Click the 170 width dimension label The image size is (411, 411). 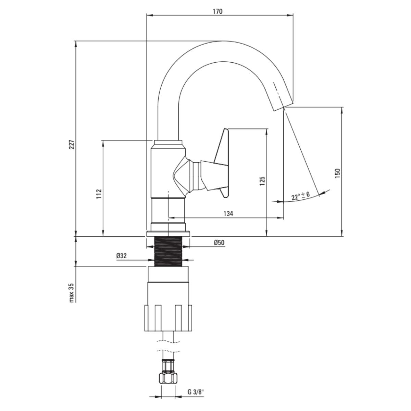tap(217, 11)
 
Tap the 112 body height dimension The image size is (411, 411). tap(99, 194)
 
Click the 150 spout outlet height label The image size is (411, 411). tap(337, 173)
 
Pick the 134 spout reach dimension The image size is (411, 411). tap(228, 214)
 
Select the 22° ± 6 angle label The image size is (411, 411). tap(300, 196)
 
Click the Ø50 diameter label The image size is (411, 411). tap(219, 242)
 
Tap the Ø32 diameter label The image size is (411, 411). tap(122, 256)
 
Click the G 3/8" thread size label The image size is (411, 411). tap(196, 392)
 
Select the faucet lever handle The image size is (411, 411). tap(221, 163)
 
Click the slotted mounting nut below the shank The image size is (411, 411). tap(168, 317)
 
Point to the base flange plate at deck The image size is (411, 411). tap(168, 234)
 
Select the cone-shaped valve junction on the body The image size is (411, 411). tap(182, 175)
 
